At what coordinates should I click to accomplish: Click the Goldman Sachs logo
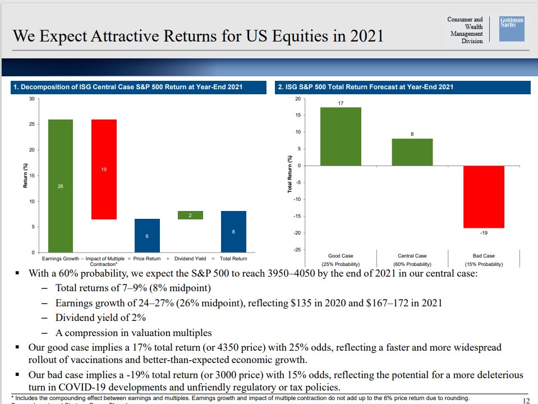tap(512, 28)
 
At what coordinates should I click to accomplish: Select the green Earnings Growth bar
tap(60, 185)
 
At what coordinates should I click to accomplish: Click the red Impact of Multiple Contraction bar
tap(104, 169)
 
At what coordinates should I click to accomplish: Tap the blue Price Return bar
tap(147, 235)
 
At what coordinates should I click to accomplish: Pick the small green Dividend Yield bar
tap(191, 215)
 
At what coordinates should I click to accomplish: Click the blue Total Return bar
tap(233, 231)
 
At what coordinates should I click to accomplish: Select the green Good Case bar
tap(341, 136)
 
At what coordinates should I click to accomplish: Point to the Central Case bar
tap(412, 151)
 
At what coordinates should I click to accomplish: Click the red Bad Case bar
tap(484, 196)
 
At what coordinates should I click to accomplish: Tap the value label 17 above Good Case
tap(341, 103)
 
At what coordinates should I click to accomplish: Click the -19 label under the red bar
tap(484, 232)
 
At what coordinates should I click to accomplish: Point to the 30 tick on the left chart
tap(31, 99)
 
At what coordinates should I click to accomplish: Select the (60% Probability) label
tap(412, 264)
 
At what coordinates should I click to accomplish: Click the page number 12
tap(525, 400)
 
